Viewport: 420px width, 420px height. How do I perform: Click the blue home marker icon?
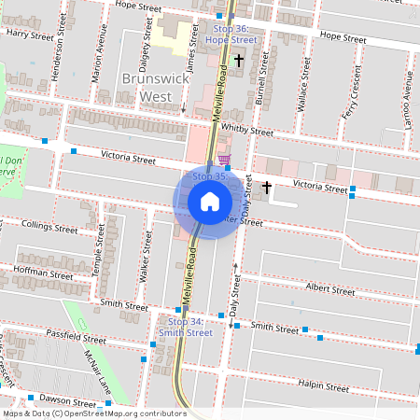click(210, 201)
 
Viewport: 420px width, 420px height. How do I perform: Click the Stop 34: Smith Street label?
click(185, 327)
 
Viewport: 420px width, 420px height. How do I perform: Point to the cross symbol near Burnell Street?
click(239, 61)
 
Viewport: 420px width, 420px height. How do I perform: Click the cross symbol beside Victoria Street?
click(267, 188)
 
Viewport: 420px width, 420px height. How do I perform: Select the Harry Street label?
click(29, 34)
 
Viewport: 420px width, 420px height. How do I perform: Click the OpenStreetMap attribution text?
click(93, 413)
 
